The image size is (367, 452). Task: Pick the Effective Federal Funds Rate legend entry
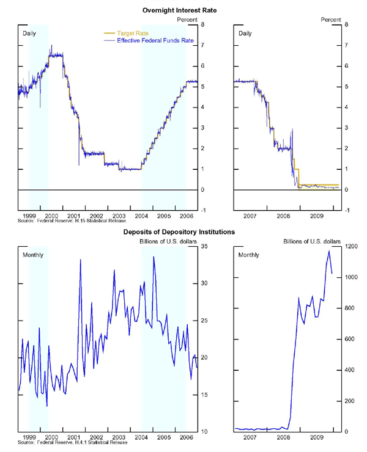tap(150, 40)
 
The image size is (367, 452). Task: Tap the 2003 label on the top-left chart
tap(119, 216)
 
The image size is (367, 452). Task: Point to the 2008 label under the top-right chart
tap(284, 216)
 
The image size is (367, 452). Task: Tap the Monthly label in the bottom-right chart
tap(248, 254)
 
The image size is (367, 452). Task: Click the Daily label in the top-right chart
tap(245, 32)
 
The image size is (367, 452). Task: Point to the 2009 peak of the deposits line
tap(328, 251)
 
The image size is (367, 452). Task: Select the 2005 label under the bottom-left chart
tap(163, 437)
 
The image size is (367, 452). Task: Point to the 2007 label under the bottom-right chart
tap(250, 437)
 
